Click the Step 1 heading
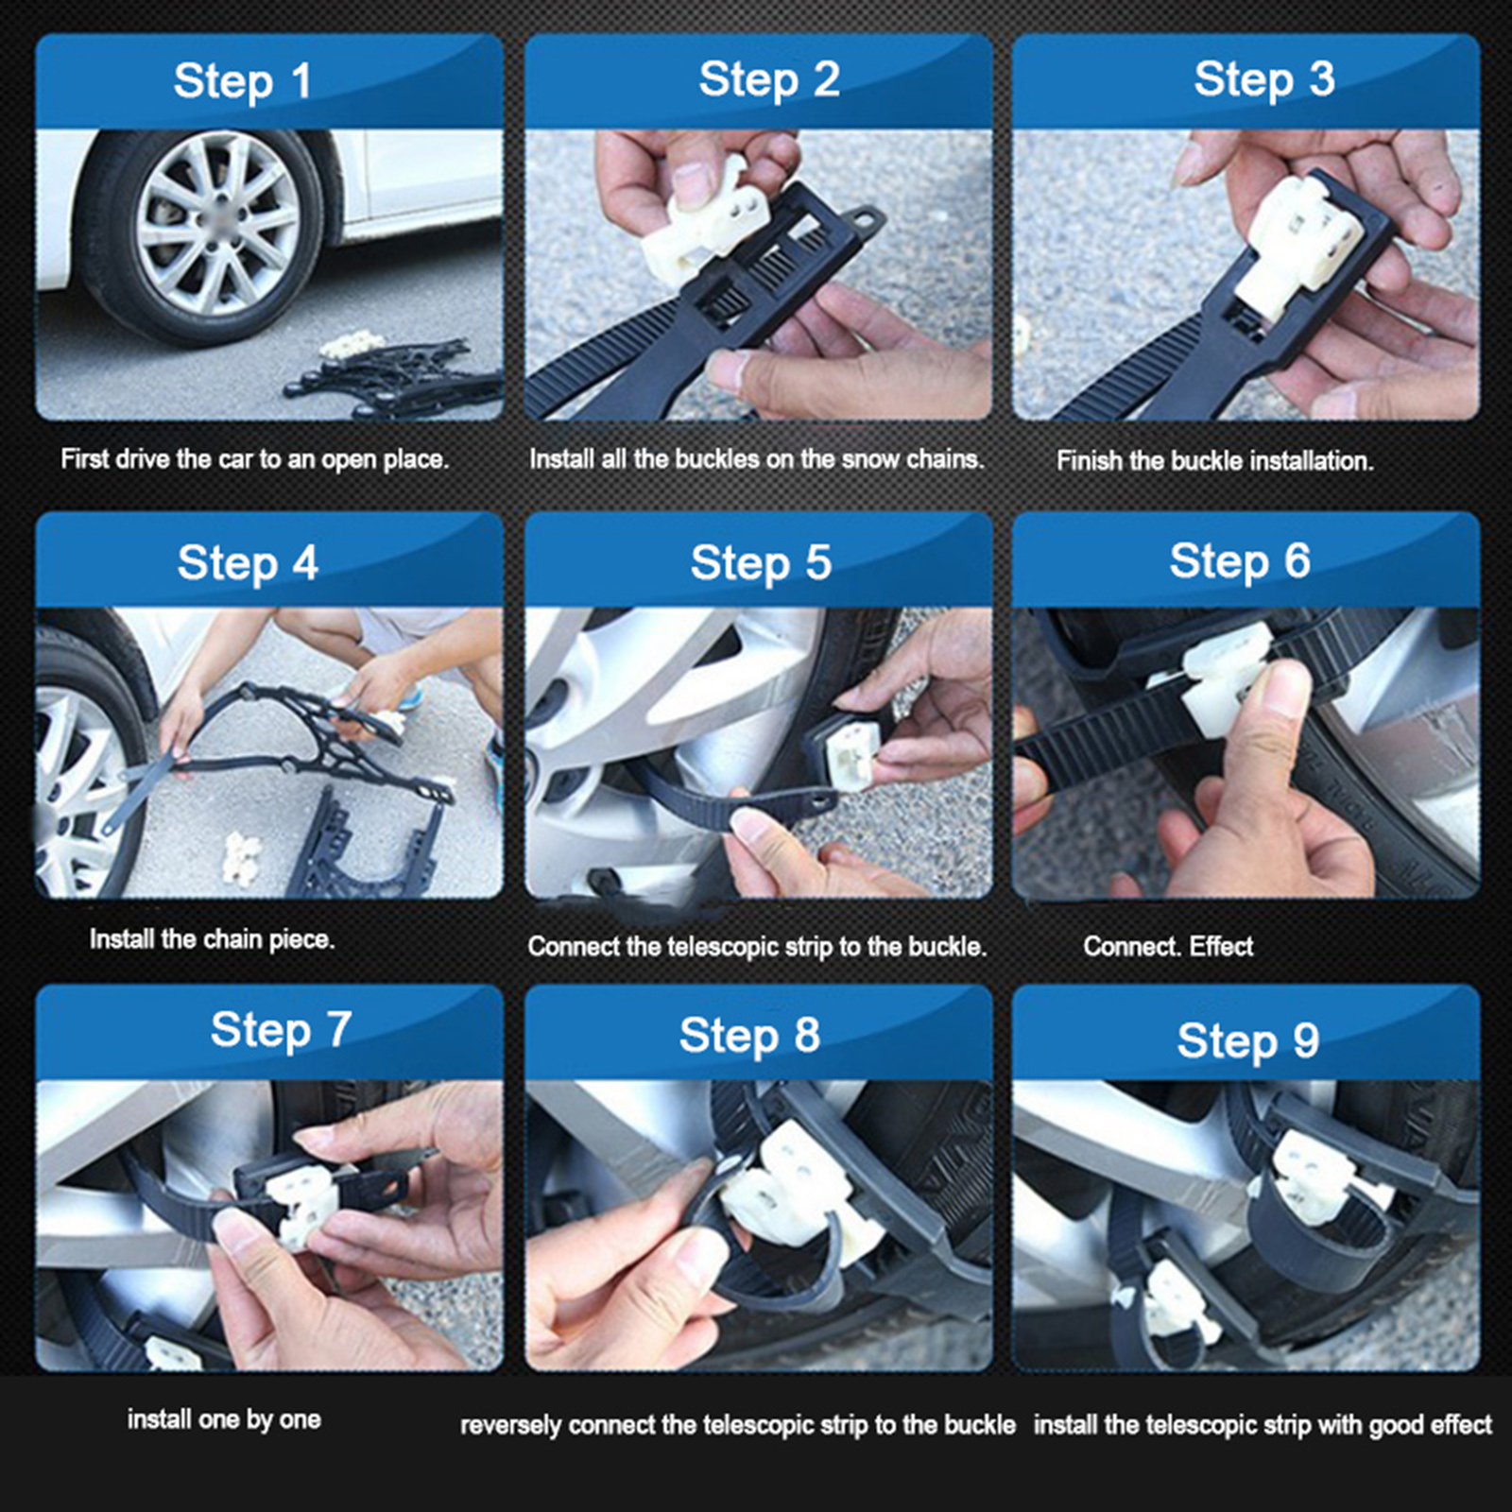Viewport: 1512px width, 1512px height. (x=242, y=81)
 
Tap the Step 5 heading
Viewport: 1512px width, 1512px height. (x=761, y=563)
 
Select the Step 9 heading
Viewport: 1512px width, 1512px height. (x=1247, y=1041)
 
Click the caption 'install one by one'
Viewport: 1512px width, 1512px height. (x=224, y=1419)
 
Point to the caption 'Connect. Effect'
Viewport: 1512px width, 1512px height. (x=1168, y=946)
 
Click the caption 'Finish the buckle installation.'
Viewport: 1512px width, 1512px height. (x=1214, y=461)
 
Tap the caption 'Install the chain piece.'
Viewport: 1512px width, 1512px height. (x=212, y=939)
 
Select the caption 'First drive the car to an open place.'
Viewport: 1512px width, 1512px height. (x=254, y=460)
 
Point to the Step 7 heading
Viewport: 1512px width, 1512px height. (x=281, y=1030)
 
